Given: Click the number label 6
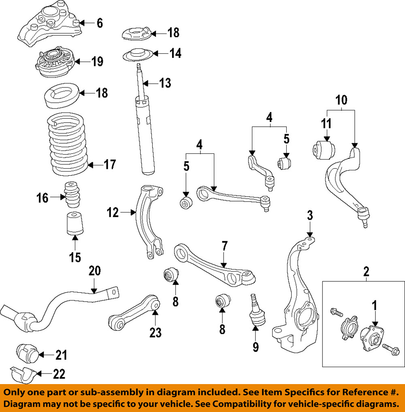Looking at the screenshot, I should pyautogui.click(x=99, y=23).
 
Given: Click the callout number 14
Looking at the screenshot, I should pyautogui.click(x=175, y=53).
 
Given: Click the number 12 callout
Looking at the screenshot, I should pyautogui.click(x=113, y=212).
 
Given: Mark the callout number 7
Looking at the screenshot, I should pyautogui.click(x=224, y=246).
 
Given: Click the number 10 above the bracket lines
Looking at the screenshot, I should pyautogui.click(x=342, y=99).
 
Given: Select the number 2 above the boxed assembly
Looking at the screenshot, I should pyautogui.click(x=366, y=271).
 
